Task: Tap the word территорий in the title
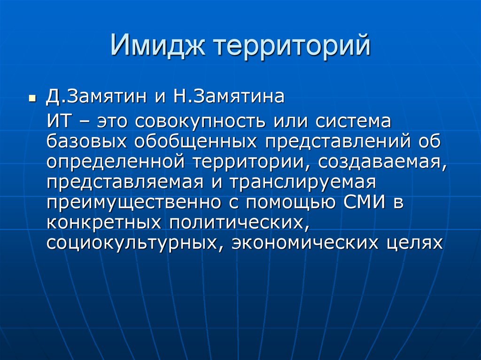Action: pos(292,47)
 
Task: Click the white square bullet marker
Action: pos(32,99)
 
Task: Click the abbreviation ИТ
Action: pos(59,121)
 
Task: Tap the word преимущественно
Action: pos(134,202)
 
